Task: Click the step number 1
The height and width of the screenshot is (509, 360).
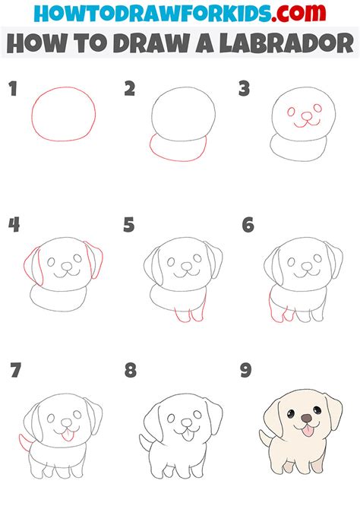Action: (x=12, y=90)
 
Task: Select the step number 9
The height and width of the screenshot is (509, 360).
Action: (x=246, y=371)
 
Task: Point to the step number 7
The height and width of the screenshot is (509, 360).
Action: (x=15, y=371)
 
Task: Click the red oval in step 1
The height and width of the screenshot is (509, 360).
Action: (x=63, y=115)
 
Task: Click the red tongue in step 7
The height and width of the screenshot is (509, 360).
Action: (x=65, y=435)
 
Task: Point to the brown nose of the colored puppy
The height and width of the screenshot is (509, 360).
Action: (x=305, y=418)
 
